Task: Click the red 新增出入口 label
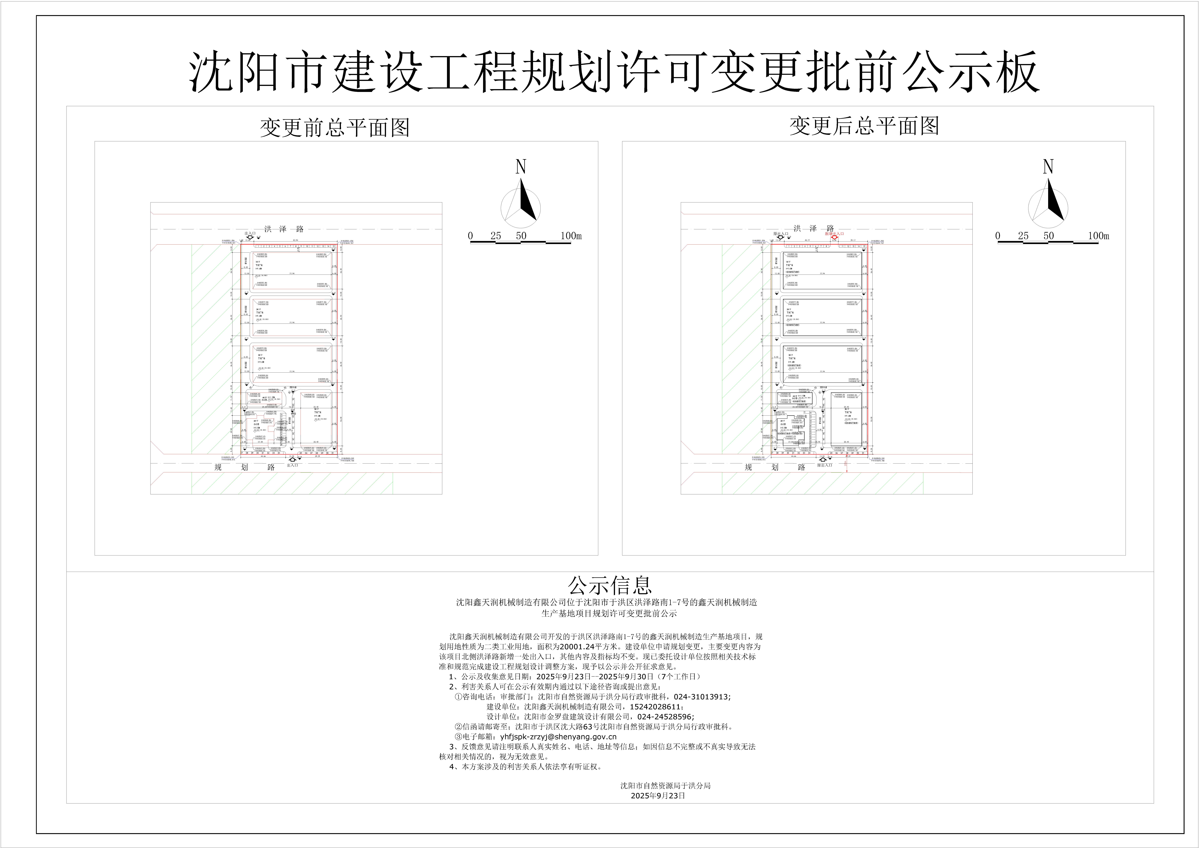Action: coord(834,234)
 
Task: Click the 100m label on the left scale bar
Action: coord(571,236)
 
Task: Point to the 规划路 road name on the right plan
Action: coord(775,467)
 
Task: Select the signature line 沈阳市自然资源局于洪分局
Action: coord(665,785)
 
